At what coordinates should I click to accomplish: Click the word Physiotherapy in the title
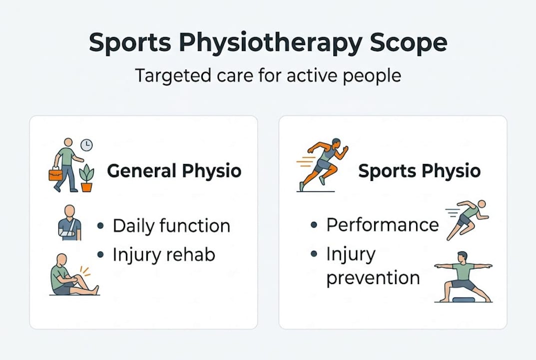click(271, 44)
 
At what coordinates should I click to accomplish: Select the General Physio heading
click(174, 171)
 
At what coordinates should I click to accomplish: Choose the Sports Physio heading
click(420, 171)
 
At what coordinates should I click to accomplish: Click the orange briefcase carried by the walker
click(55, 174)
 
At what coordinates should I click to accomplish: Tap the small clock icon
click(86, 145)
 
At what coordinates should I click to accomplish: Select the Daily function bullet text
click(171, 225)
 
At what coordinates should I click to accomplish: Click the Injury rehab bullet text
click(163, 254)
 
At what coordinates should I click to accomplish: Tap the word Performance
click(383, 224)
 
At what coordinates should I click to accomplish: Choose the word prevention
click(373, 277)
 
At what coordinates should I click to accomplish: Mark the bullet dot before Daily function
click(101, 226)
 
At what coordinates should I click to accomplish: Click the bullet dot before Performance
click(314, 225)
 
